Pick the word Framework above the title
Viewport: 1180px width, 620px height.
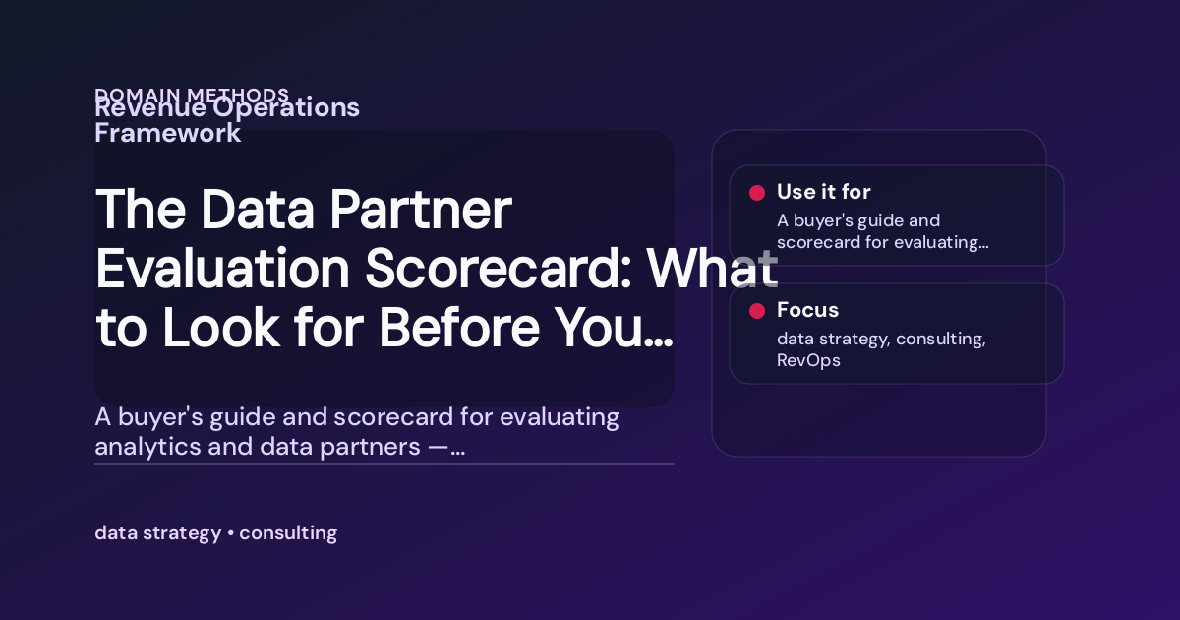point(167,133)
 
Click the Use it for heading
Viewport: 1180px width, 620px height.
point(823,192)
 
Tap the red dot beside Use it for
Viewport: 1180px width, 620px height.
point(757,193)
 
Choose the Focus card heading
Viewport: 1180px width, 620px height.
point(807,310)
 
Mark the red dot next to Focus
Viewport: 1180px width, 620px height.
point(757,311)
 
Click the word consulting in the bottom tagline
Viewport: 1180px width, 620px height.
point(288,533)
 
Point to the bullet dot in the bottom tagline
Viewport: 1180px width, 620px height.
point(230,534)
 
